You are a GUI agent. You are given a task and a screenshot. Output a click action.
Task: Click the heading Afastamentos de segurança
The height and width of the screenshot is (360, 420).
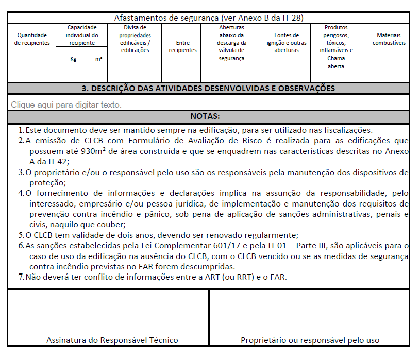click(x=209, y=18)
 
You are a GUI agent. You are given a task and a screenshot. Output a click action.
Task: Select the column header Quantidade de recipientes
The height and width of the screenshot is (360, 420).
click(x=32, y=39)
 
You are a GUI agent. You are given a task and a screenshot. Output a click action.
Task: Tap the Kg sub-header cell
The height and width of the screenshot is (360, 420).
click(x=73, y=59)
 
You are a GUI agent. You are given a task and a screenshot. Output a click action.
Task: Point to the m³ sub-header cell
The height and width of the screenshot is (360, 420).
click(x=98, y=59)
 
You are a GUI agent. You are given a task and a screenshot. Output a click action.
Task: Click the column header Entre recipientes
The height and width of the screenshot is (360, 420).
click(x=182, y=46)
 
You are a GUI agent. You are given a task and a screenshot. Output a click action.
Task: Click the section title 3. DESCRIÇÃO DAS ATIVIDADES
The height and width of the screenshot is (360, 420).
click(x=209, y=88)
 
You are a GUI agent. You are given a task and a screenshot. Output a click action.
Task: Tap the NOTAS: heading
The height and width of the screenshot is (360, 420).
click(x=209, y=116)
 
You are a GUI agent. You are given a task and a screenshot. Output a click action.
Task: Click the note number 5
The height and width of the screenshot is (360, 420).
click(x=21, y=234)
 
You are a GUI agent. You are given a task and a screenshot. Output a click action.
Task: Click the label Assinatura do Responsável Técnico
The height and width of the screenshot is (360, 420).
click(x=112, y=340)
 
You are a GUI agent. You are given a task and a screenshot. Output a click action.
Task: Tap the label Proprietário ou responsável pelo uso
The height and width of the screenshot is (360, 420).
click(x=310, y=340)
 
